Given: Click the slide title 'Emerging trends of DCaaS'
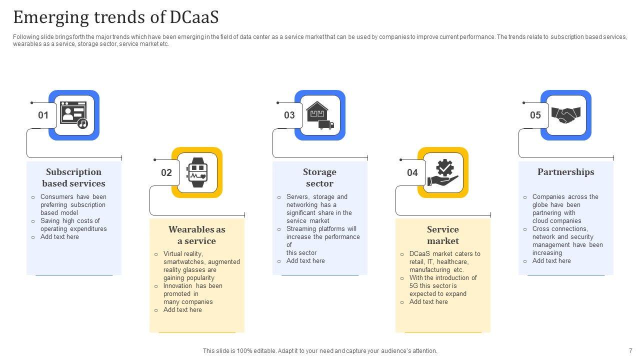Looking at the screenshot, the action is (x=116, y=17).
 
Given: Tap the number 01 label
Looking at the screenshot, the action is (x=43, y=115).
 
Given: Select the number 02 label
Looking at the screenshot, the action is (x=166, y=173).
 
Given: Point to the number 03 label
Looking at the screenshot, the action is (x=289, y=115).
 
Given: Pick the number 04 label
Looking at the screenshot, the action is (x=412, y=173).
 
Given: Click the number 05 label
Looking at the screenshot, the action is (x=535, y=115).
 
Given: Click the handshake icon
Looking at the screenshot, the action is (x=566, y=115).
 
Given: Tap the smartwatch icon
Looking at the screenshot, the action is (x=197, y=172).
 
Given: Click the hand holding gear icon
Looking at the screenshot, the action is (x=443, y=173).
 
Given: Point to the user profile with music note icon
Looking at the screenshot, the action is (x=74, y=115).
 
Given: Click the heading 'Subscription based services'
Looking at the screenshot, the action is (x=74, y=177).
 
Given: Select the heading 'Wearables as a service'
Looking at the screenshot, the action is (x=197, y=235).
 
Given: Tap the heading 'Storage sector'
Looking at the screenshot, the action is (x=319, y=177).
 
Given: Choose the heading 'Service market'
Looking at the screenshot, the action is (x=443, y=235).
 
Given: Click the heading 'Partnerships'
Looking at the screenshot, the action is (x=566, y=172).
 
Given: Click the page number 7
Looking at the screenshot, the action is (x=630, y=351).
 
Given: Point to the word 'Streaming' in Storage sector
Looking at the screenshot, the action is (x=300, y=229).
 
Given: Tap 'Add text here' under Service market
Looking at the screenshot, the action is (x=428, y=302).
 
